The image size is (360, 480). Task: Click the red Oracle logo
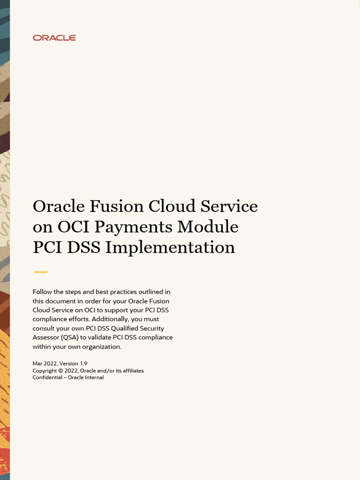click(54, 38)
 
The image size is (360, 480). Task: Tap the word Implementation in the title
click(170, 247)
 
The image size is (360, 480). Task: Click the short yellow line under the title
click(41, 272)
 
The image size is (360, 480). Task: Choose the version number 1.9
click(83, 363)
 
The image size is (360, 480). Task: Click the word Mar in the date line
click(37, 363)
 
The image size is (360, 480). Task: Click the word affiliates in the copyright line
click(132, 371)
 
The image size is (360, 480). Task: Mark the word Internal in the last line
click(94, 378)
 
